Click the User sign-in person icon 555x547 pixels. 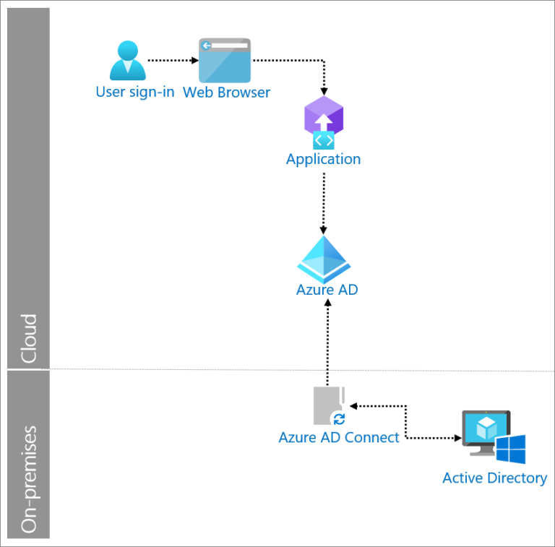point(128,60)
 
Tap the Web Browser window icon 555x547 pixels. point(225,60)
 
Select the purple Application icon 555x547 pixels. point(324,117)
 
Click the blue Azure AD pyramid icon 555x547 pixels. point(324,259)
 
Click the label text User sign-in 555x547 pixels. point(134,92)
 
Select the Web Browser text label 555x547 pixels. point(226,92)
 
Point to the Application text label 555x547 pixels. point(323,160)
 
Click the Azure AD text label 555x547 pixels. point(327,290)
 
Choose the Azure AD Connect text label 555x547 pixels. point(339,437)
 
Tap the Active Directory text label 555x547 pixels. point(494,478)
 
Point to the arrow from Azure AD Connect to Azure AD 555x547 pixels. point(327,340)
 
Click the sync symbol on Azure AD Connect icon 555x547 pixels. point(339,418)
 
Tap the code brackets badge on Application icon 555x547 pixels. point(324,140)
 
